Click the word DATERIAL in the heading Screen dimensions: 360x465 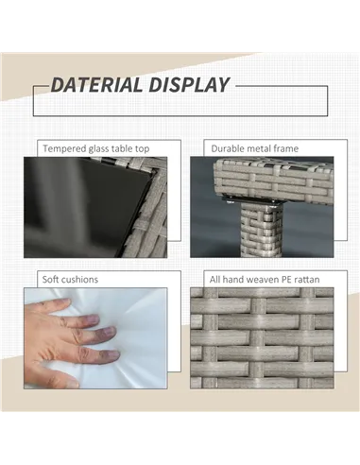coord(96,85)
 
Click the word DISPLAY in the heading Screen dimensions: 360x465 coord(189,85)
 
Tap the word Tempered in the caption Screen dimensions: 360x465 coord(64,148)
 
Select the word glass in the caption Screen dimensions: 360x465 coord(99,148)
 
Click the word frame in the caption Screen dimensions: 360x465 coord(285,148)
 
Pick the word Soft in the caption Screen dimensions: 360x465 coord(50,280)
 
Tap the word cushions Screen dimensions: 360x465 coord(79,280)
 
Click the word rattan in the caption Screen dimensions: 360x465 coord(306,280)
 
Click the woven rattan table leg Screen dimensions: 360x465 coord(260,230)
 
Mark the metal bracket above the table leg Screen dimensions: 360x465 coord(254,200)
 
